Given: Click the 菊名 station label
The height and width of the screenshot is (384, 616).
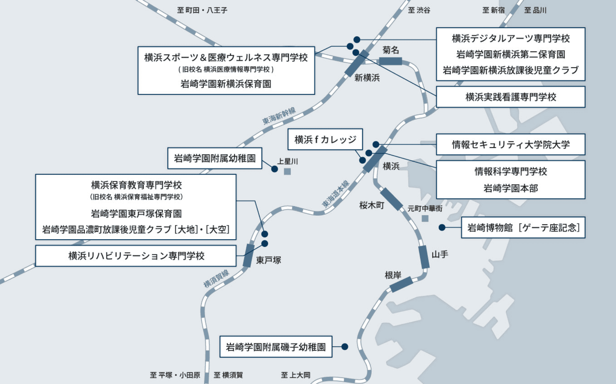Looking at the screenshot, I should coord(391,50).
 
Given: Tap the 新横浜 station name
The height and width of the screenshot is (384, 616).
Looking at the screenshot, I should coord(367,78).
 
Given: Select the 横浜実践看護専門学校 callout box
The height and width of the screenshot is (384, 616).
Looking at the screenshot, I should coord(510,97).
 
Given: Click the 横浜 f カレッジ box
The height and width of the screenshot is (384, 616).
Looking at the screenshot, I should coord(325,140).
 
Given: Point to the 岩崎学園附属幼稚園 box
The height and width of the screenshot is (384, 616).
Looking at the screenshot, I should coord(215,158).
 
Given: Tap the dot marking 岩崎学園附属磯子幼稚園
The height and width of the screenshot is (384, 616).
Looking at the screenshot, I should coord(345,347).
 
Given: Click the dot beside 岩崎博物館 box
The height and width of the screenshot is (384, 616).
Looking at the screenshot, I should coord(442,227).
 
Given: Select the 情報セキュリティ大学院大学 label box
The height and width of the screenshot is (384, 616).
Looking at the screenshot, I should coord(510,145).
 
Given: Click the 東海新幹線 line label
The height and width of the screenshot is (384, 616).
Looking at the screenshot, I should coord(279,116).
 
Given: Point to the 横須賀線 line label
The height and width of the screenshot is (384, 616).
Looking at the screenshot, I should coord(216,279).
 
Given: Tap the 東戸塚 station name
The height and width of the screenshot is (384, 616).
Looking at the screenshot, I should coord(268,260).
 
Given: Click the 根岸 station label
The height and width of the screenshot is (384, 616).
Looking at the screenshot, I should coord(393,275).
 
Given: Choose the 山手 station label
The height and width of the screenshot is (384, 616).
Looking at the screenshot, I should coord(440,255).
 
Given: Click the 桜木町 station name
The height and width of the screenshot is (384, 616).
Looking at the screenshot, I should coord(371,205).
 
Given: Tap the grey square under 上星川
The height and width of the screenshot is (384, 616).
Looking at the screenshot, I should coord(287,171).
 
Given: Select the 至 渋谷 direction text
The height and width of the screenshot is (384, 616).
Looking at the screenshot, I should coord(419,10).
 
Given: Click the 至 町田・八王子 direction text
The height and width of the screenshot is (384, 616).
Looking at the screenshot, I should coord(202,10).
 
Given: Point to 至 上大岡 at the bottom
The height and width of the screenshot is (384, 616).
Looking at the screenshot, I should coord(295,375).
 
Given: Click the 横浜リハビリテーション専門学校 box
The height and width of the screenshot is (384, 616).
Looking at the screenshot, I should coord(136,256).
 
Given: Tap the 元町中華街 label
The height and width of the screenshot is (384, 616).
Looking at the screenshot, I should coord(425,209).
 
